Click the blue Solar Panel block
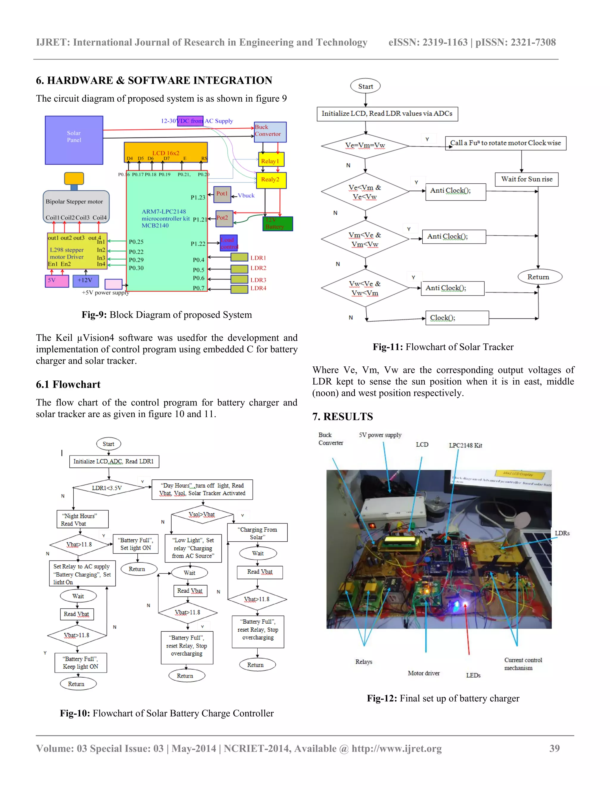click(x=74, y=140)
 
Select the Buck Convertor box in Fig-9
click(x=270, y=131)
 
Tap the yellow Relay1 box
click(x=271, y=160)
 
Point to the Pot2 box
click(x=224, y=219)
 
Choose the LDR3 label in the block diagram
click(x=258, y=280)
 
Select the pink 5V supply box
click(x=57, y=281)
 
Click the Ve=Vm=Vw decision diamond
click(x=365, y=146)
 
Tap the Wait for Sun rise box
click(x=527, y=179)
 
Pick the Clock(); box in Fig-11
click(x=457, y=318)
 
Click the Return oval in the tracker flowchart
click(x=539, y=277)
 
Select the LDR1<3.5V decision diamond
click(x=108, y=488)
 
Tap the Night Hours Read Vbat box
click(x=83, y=519)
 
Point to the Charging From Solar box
click(x=257, y=533)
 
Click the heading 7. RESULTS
click(x=343, y=417)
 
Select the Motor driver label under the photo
click(x=424, y=673)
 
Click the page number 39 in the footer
click(x=554, y=748)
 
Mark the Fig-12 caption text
click(x=443, y=698)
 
